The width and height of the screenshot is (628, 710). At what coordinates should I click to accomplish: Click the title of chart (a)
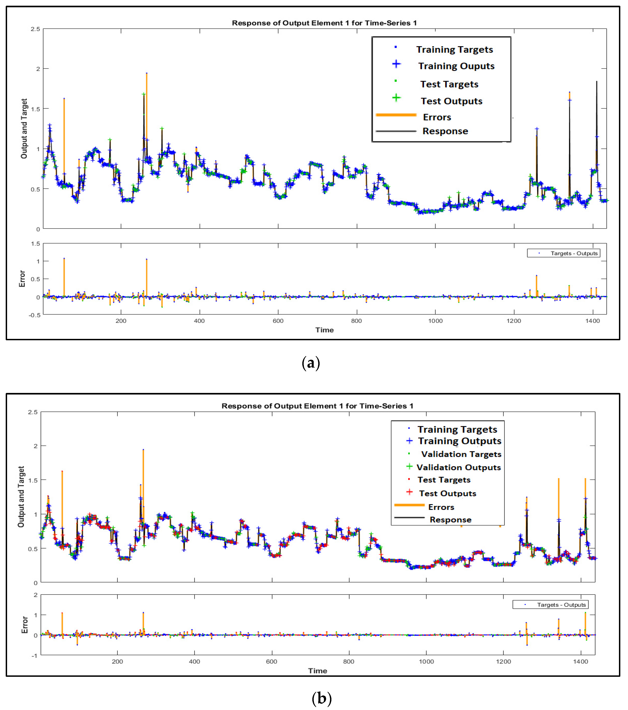(x=324, y=23)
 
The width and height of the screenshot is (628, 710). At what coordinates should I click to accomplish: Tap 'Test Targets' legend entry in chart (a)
(x=449, y=84)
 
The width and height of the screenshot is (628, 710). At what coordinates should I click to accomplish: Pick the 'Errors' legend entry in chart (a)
(x=437, y=117)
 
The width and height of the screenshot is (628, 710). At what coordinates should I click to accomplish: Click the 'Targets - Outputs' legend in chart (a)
(x=563, y=253)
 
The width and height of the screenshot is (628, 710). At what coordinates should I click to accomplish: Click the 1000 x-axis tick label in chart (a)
(x=435, y=321)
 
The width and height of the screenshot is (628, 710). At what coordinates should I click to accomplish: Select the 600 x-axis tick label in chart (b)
(x=271, y=661)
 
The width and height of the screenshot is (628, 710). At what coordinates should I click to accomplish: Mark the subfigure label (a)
(x=311, y=363)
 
